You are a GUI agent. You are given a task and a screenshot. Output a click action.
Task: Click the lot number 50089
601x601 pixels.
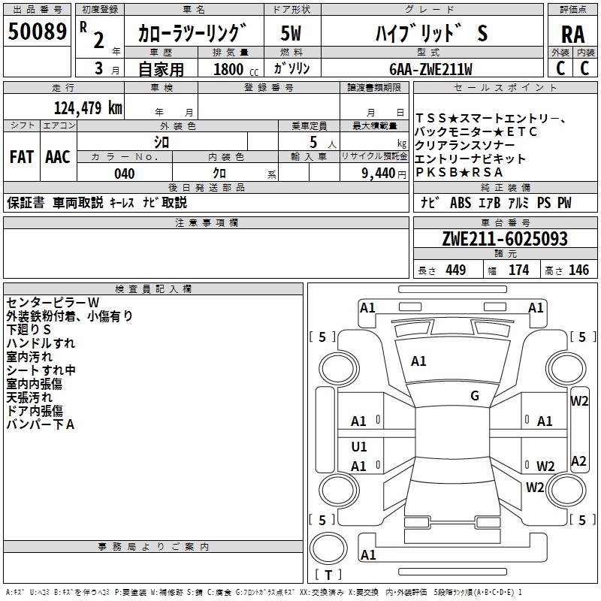click(37, 33)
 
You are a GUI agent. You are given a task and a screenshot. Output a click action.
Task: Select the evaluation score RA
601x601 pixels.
click(572, 35)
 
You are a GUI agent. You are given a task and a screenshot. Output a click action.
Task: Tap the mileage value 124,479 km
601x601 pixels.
click(88, 107)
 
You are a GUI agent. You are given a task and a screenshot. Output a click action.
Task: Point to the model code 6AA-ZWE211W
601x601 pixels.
click(430, 68)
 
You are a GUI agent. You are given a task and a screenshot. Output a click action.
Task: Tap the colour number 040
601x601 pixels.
click(124, 174)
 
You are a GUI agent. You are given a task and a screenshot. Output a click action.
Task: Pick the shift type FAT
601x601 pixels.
click(21, 157)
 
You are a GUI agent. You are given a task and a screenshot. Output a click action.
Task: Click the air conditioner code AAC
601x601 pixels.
click(58, 157)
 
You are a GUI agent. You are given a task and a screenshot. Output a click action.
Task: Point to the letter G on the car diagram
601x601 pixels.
click(475, 396)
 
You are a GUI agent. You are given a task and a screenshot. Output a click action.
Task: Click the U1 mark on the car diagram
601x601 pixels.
click(359, 447)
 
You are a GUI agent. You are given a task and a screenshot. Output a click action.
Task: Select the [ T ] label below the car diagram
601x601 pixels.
click(328, 575)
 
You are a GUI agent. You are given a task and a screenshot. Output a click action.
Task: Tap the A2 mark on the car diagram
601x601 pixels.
click(578, 461)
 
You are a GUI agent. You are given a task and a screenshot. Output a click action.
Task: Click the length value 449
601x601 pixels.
click(455, 270)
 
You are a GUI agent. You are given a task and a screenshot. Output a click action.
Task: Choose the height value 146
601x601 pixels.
click(578, 270)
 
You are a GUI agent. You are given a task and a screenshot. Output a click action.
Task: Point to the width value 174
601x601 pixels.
click(518, 270)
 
